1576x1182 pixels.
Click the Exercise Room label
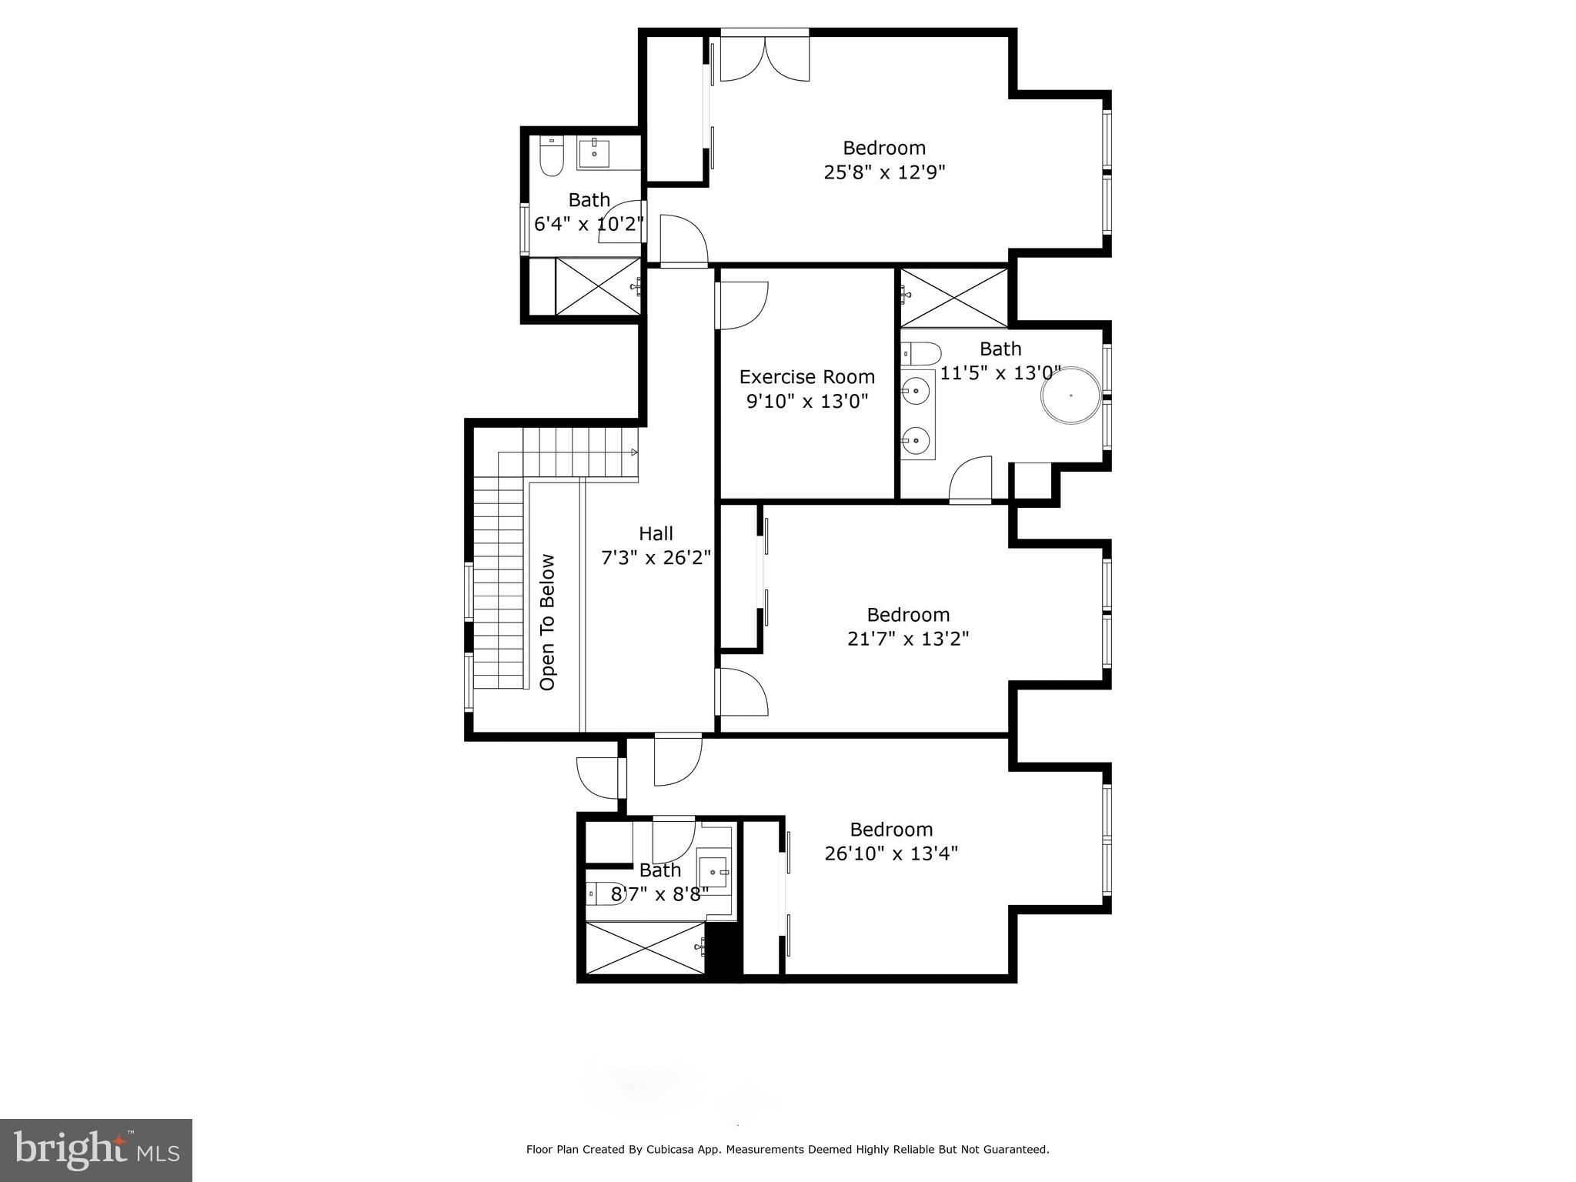[806, 377]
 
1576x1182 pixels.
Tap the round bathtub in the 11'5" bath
[1070, 396]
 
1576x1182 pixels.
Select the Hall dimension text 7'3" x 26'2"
[656, 558]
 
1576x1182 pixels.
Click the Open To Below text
[547, 622]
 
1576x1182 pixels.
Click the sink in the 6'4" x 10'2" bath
[594, 153]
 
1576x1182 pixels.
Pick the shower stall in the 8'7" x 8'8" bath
[645, 948]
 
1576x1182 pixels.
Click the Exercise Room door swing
[743, 306]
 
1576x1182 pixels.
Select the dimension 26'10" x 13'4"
[891, 853]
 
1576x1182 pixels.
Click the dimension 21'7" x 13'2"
[907, 639]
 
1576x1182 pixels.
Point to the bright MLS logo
[95, 1150]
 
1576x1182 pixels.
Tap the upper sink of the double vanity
[917, 391]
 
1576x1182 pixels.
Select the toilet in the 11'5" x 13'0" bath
[921, 354]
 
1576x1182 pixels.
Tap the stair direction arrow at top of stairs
[634, 452]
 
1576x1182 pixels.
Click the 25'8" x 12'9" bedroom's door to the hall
[683, 240]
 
